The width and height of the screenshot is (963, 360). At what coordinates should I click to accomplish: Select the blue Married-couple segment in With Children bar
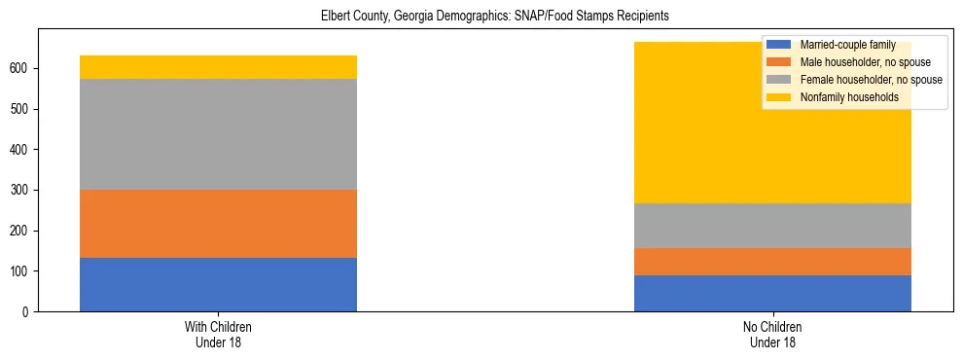(218, 284)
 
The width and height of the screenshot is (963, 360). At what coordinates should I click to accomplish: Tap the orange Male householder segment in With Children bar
(218, 223)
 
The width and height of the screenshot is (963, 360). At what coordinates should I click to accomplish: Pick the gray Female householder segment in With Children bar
(218, 133)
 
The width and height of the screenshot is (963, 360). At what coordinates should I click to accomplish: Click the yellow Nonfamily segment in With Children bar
(218, 66)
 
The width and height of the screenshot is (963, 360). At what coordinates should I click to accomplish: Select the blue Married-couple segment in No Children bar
(772, 293)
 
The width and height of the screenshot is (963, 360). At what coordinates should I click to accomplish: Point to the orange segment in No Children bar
(772, 262)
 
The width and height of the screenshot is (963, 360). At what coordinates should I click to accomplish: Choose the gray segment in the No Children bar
(772, 225)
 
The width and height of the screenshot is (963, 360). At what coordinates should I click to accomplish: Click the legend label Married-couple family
(841, 45)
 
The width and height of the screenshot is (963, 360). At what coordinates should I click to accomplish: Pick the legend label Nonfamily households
(842, 97)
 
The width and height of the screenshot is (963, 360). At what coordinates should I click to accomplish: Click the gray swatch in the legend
(779, 80)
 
